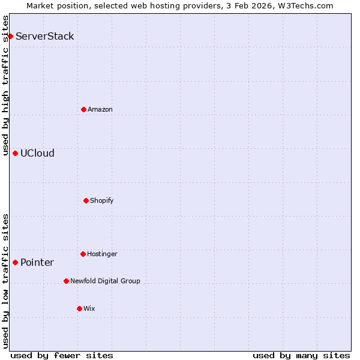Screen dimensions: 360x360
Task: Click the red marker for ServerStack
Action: point(10,37)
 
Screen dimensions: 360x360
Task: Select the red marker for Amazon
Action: point(83,109)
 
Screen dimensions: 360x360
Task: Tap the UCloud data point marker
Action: point(15,153)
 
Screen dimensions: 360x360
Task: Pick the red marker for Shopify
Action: point(86,200)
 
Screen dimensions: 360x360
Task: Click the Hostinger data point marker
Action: point(83,254)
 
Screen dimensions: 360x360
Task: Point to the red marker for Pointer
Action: point(15,262)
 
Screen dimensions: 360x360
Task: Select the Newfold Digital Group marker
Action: point(66,281)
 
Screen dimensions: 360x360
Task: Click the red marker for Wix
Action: point(79,308)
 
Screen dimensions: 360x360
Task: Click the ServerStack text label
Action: point(45,37)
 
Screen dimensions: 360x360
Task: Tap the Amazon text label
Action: point(100,109)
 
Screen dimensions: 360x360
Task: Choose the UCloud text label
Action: point(37,153)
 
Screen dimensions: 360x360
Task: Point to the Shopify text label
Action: point(102,200)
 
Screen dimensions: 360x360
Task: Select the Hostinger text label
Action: point(102,254)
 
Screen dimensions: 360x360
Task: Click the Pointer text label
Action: point(37,262)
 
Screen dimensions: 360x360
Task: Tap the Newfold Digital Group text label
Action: point(105,281)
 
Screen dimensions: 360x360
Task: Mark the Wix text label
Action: point(89,308)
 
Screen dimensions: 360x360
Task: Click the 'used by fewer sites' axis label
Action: point(62,355)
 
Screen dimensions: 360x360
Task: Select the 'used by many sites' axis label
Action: point(301,355)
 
